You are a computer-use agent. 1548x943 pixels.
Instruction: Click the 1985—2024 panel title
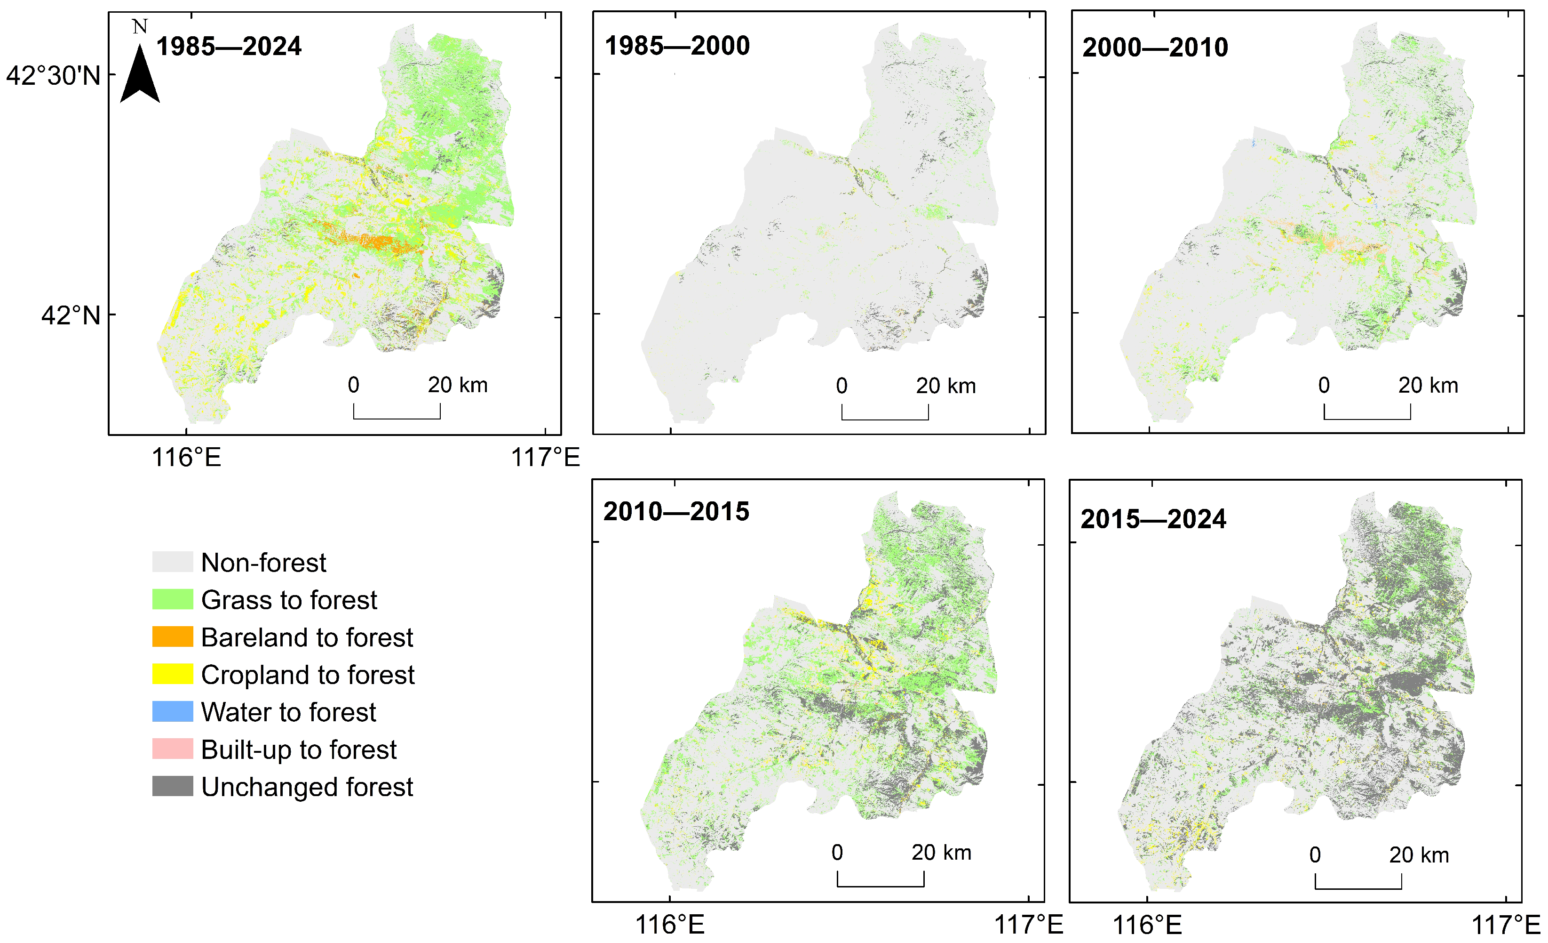(229, 47)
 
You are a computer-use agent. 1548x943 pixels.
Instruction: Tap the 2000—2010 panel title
(1155, 48)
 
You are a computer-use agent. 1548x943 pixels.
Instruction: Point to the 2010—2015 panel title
(676, 512)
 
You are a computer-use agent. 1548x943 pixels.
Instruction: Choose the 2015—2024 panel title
(1153, 519)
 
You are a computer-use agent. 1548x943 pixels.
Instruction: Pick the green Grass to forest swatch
(172, 599)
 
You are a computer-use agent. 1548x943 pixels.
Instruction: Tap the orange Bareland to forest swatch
(172, 637)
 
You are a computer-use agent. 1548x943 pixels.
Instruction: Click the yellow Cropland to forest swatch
(172, 674)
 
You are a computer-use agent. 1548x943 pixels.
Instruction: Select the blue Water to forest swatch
(172, 712)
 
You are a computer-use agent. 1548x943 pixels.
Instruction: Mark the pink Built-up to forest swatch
(172, 749)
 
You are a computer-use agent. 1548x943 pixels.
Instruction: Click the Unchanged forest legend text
(307, 787)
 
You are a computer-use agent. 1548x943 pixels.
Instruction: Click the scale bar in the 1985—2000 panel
(885, 414)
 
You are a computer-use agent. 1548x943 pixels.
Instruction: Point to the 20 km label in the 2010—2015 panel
(941, 853)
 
